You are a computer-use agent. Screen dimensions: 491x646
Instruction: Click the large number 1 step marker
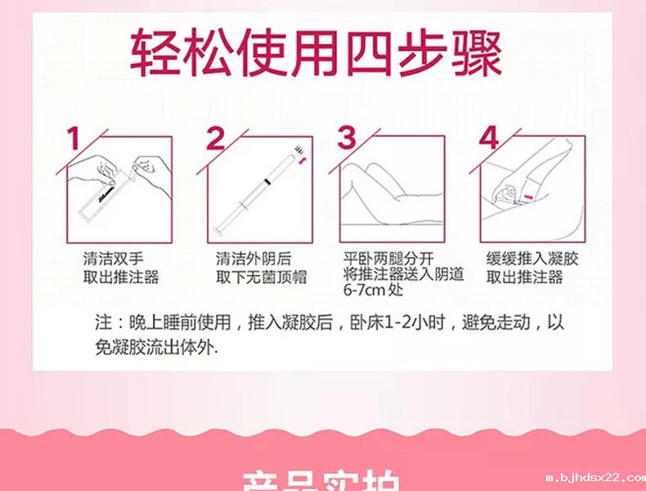[x=75, y=138]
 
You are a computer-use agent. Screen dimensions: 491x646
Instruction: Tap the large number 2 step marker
[x=215, y=138]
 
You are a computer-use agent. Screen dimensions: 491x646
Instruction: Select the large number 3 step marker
[x=348, y=138]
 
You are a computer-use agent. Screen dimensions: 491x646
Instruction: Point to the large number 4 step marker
[x=488, y=138]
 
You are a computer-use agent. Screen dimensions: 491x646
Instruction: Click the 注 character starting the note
[x=102, y=322]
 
